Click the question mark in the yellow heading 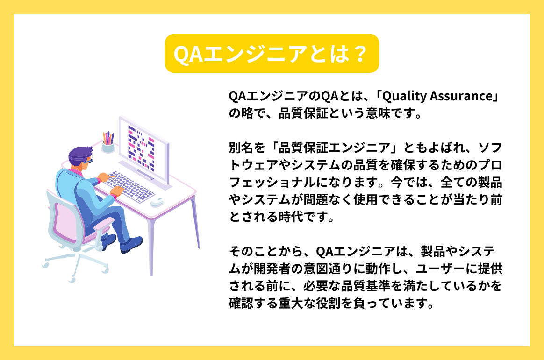(358, 54)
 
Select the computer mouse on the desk (157, 202)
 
